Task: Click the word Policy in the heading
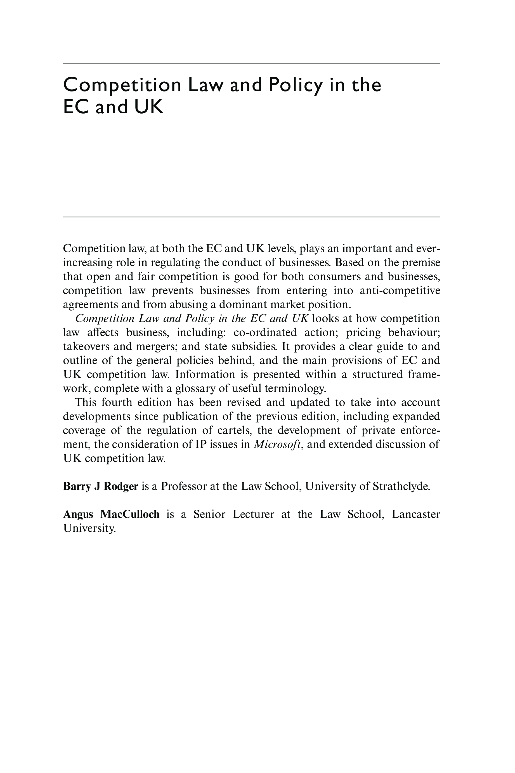[295, 85]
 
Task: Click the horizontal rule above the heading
[251, 63]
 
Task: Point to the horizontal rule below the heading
[251, 217]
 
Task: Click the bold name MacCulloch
[130, 514]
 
